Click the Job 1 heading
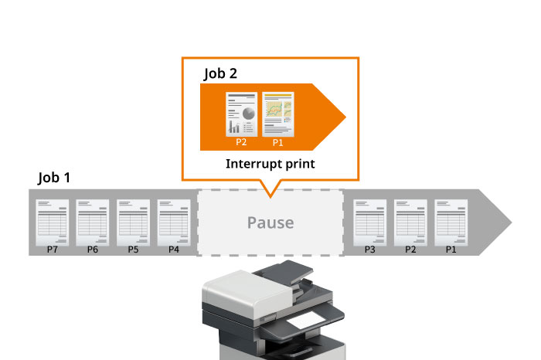click(54, 178)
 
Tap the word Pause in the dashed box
click(270, 222)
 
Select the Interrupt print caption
click(270, 164)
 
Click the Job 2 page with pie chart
click(240, 116)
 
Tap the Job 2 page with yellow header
click(278, 116)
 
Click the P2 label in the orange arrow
click(240, 143)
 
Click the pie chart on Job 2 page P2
click(248, 113)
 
